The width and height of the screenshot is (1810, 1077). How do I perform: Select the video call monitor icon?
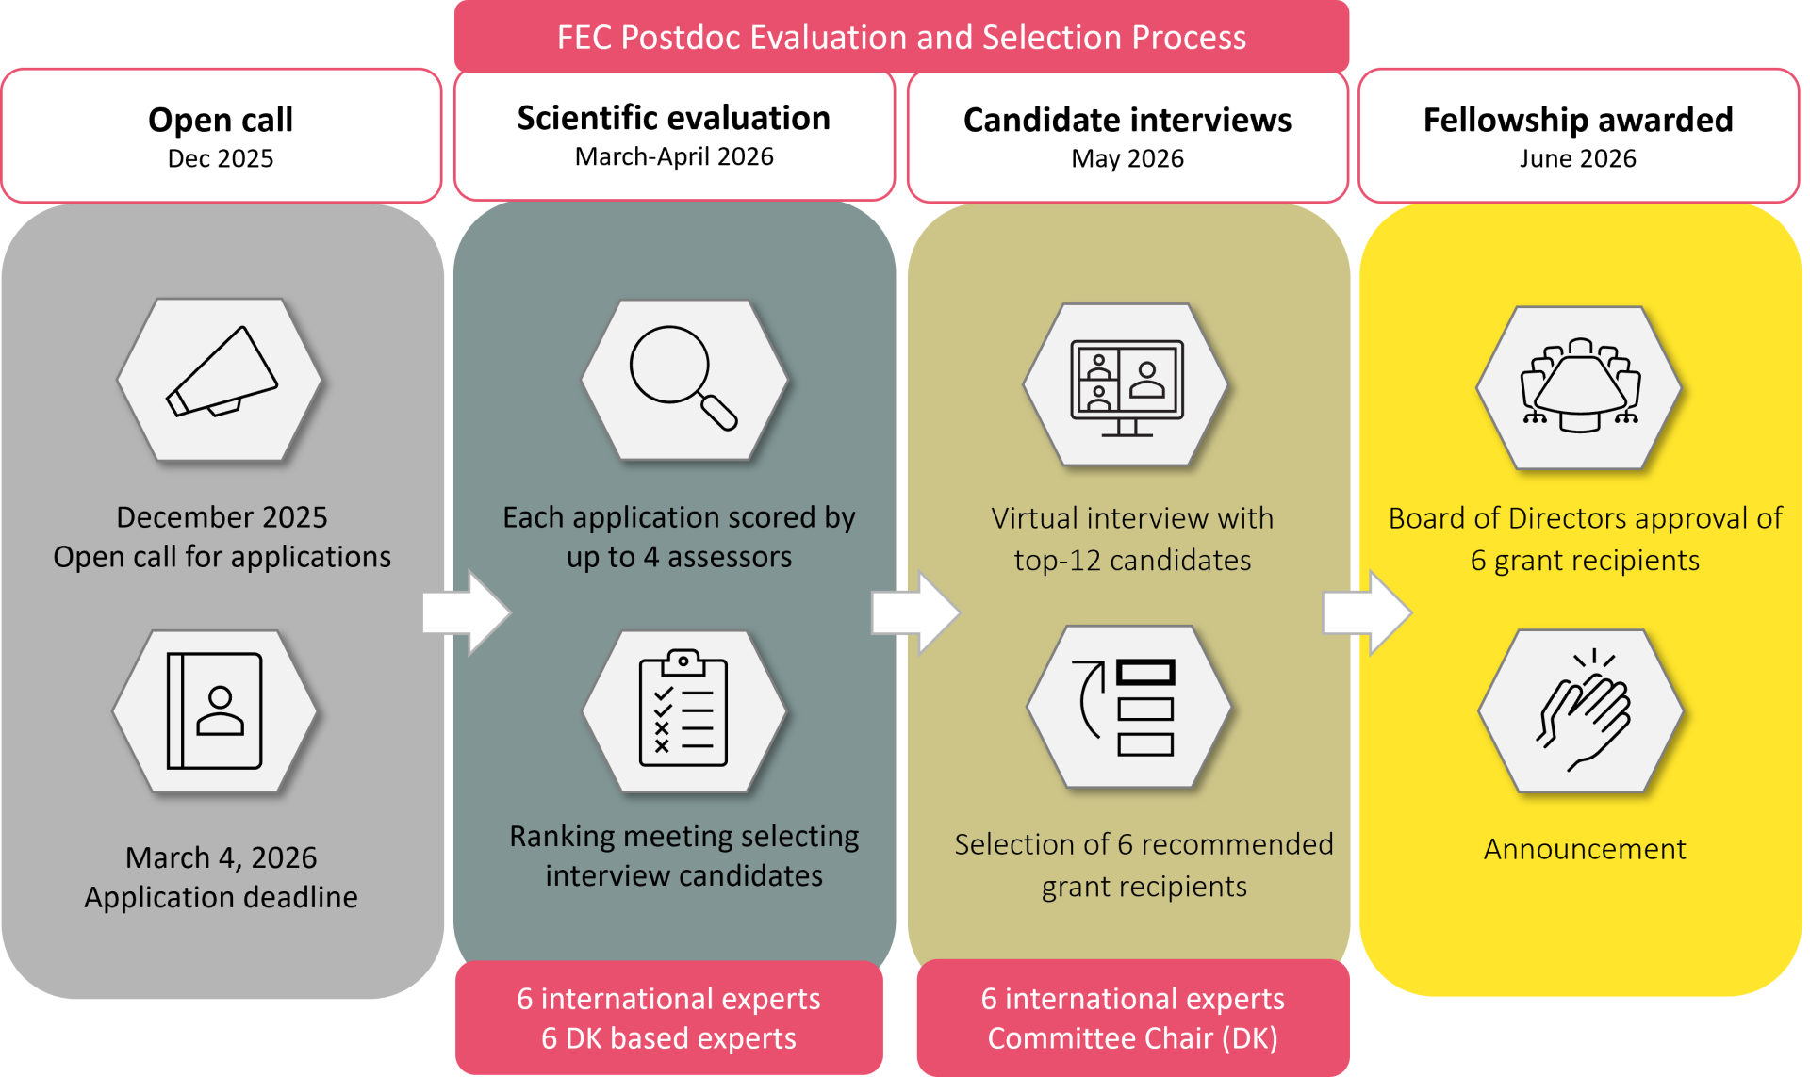pos(1127,386)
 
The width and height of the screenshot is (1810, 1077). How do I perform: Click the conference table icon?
pos(1580,387)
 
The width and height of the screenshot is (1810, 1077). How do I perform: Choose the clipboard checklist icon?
pos(683,709)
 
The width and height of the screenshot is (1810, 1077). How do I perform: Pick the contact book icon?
pos(215,710)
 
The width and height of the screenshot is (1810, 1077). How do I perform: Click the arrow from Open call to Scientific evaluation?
pos(466,612)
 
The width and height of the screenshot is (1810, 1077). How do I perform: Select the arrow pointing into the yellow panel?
pos(1366,612)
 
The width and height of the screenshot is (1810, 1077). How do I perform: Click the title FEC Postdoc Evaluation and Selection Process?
pos(901,38)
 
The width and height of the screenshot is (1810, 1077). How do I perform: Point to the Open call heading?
pos(221,120)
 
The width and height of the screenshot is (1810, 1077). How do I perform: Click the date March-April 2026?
pos(674,156)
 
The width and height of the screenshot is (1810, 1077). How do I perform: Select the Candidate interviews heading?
pos(1127,120)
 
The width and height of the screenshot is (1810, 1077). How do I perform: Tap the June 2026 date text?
pos(1578,158)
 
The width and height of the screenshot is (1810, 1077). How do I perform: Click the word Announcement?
pos(1585,849)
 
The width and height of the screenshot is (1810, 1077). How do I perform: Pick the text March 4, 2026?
pos(222,857)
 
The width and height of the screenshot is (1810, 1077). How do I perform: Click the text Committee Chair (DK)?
pos(1132,1038)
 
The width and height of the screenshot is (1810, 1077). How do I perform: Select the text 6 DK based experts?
pos(668,1038)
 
